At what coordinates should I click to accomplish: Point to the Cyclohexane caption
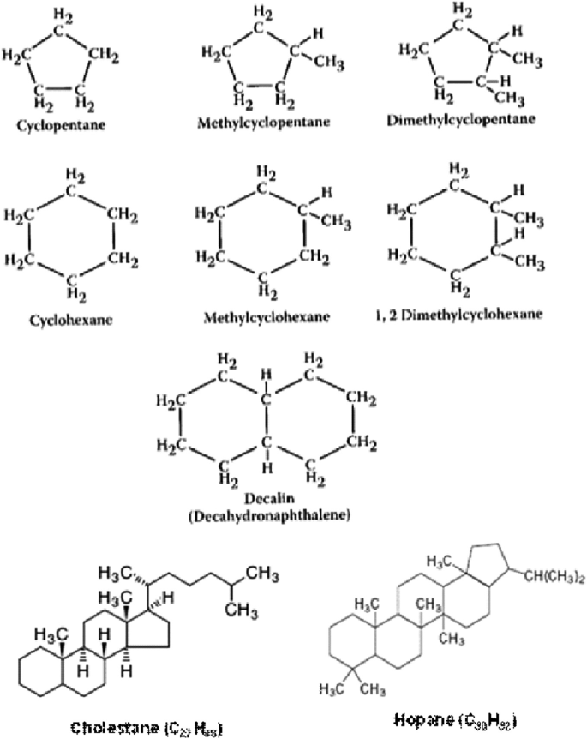pos(58,321)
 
